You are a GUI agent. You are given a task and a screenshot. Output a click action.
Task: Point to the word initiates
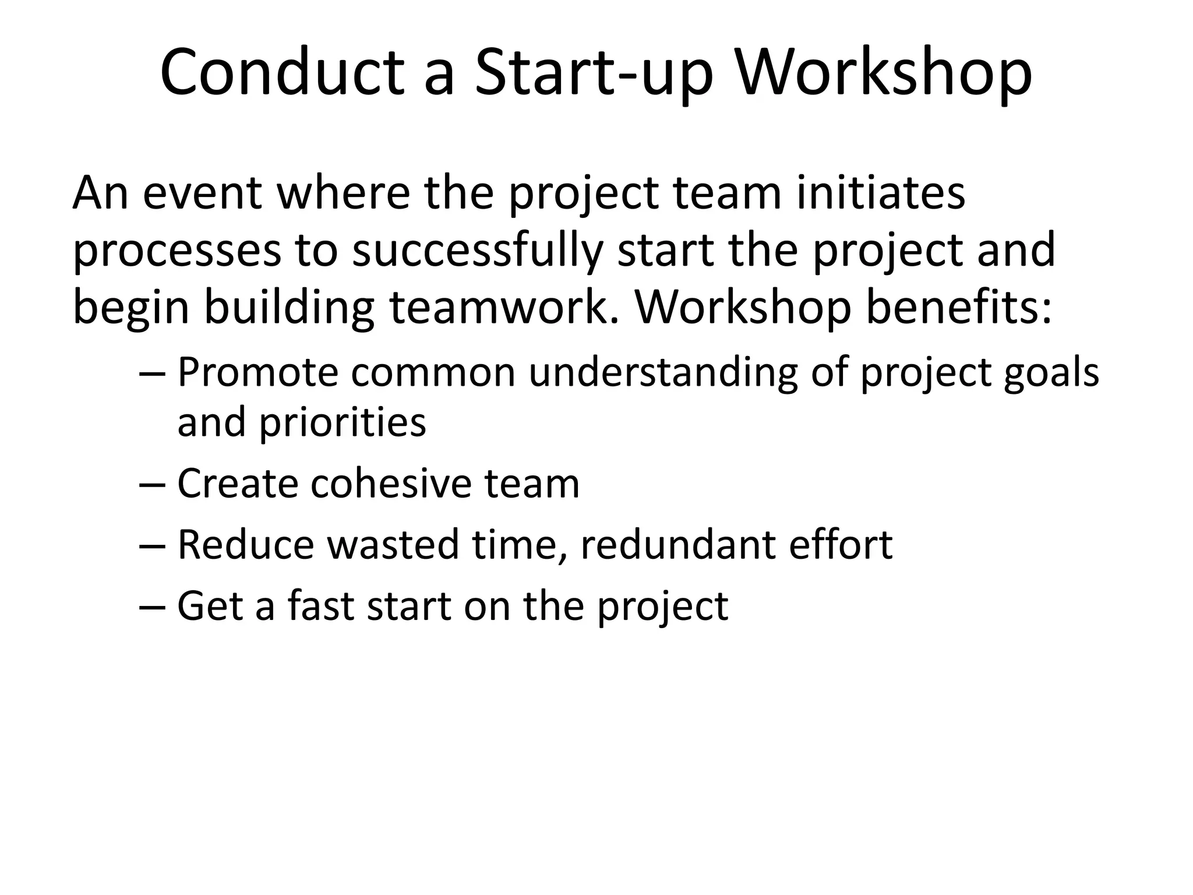880,193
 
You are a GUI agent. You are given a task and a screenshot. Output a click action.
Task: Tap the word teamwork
503,307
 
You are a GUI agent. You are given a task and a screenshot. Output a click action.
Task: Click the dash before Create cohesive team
153,485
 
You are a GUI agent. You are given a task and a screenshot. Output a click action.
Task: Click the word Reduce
245,545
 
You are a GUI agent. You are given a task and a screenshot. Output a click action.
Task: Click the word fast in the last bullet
320,606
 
